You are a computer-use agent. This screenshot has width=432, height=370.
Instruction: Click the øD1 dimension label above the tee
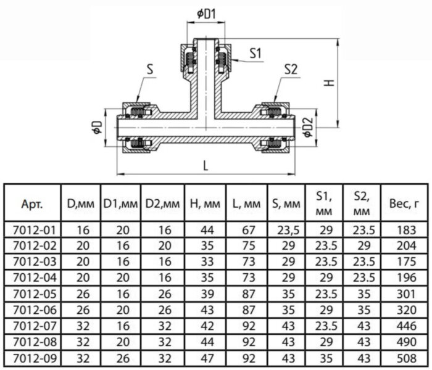click(x=206, y=14)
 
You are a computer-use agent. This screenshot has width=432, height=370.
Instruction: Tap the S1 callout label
click(x=255, y=53)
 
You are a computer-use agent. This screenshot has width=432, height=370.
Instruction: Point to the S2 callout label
click(x=291, y=69)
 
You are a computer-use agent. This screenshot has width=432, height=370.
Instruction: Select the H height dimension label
click(x=329, y=83)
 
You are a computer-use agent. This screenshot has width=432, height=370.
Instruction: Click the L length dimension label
click(x=206, y=166)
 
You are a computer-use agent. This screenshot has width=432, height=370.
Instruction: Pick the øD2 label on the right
click(x=308, y=127)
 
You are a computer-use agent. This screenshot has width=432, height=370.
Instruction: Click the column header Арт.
click(x=32, y=204)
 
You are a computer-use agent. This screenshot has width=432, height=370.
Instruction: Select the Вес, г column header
click(x=404, y=203)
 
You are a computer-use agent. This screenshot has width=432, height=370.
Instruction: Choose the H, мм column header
click(x=206, y=204)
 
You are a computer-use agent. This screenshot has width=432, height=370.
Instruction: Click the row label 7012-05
click(x=35, y=294)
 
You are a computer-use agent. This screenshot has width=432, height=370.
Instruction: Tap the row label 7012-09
click(x=35, y=358)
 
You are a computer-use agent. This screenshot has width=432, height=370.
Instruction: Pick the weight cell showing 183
click(x=406, y=230)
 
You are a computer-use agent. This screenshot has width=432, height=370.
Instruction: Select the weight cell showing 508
click(x=406, y=358)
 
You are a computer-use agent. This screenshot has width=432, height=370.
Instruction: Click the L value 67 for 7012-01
click(x=249, y=230)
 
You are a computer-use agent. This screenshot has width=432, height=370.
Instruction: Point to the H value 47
click(x=207, y=358)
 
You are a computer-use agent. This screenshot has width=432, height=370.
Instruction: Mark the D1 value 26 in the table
click(x=123, y=358)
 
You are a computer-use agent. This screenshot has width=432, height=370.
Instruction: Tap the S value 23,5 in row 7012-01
click(x=288, y=230)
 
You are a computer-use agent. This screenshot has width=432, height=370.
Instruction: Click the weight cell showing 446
click(x=406, y=326)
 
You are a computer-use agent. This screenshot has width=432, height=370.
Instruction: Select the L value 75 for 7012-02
click(x=249, y=245)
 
